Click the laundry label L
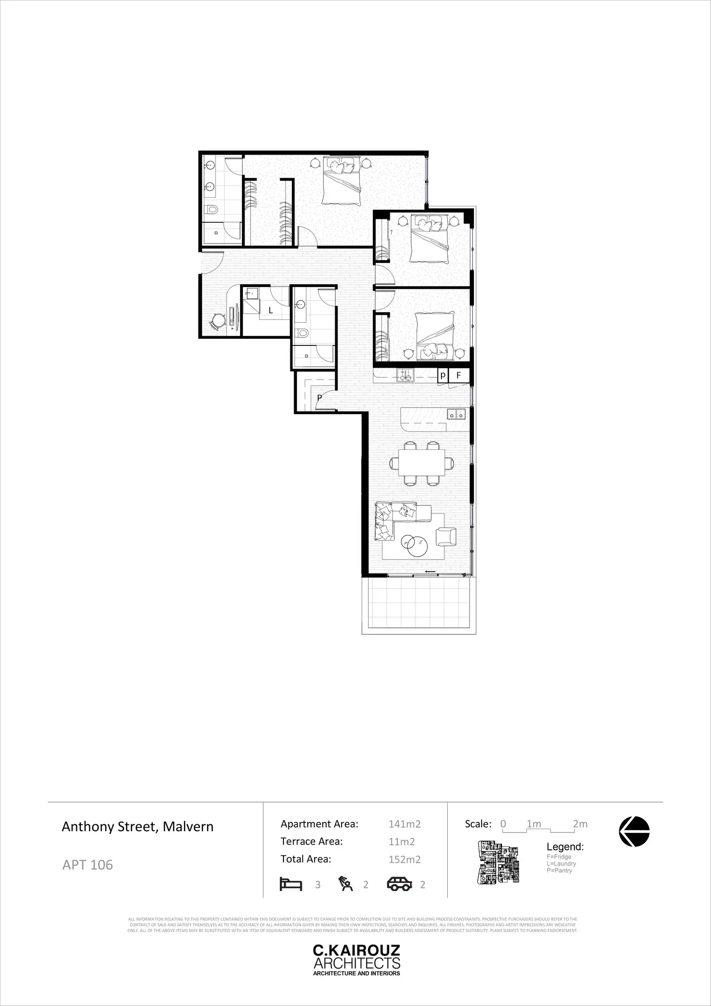(270, 311)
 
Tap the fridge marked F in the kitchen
(458, 375)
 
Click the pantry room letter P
(319, 398)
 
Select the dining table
(421, 463)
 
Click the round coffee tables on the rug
(414, 546)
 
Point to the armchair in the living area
(446, 536)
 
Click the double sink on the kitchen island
(456, 414)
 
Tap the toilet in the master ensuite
(211, 209)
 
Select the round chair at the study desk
(218, 320)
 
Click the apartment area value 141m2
(404, 824)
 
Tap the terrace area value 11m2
(401, 841)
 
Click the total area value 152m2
(404, 859)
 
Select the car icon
(399, 884)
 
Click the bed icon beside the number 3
(291, 884)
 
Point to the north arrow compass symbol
(634, 832)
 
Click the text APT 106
(87, 864)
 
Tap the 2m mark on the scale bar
(580, 824)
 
